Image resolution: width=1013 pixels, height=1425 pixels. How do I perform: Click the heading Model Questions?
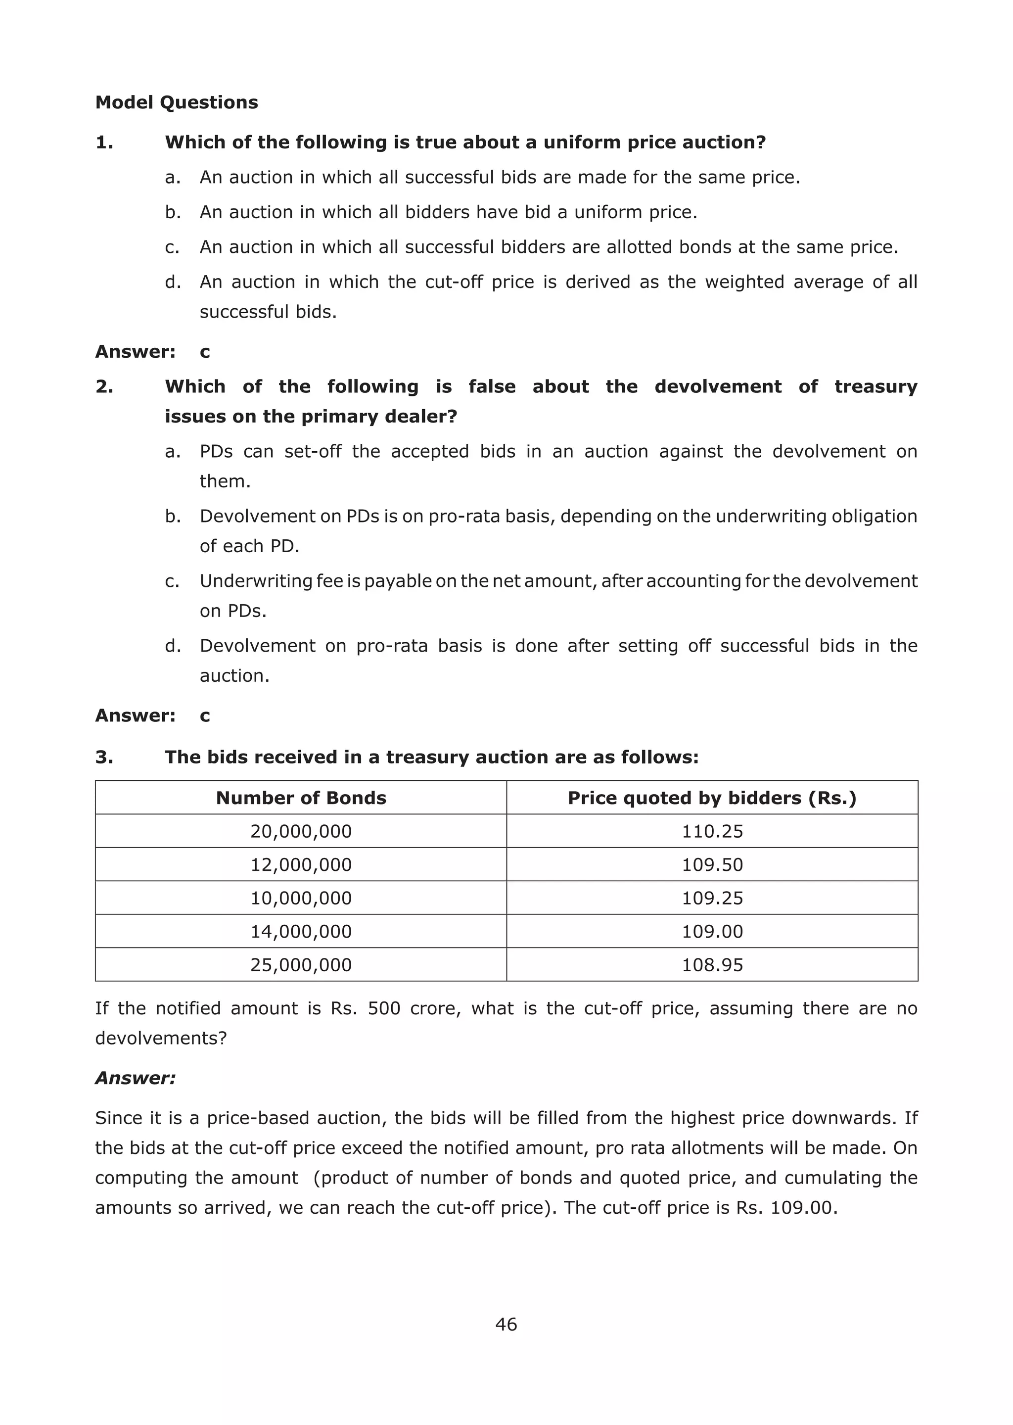pyautogui.click(x=177, y=102)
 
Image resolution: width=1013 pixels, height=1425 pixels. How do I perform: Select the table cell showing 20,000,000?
pyautogui.click(x=301, y=831)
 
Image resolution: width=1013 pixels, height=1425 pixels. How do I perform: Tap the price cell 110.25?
pyautogui.click(x=712, y=831)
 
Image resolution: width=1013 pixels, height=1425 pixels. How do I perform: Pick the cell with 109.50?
pyautogui.click(x=712, y=865)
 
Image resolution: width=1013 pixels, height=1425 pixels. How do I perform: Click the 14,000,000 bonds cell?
pyautogui.click(x=301, y=932)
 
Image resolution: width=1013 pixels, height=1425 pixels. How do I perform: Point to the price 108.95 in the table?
pyautogui.click(x=712, y=965)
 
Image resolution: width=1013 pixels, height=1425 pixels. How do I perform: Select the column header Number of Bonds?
pyautogui.click(x=301, y=798)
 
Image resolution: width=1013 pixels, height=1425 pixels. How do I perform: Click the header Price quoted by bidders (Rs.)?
pyautogui.click(x=712, y=798)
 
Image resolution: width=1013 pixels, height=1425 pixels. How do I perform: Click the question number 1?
pyautogui.click(x=104, y=143)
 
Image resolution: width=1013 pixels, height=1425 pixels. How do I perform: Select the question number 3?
pyautogui.click(x=104, y=758)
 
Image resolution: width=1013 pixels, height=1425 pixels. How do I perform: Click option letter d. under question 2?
pyautogui.click(x=173, y=646)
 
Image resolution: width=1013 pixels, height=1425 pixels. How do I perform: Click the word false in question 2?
pyautogui.click(x=492, y=387)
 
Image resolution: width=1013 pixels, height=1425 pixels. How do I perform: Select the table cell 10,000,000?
pyautogui.click(x=301, y=899)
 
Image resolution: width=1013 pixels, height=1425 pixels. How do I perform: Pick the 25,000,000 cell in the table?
pyautogui.click(x=301, y=965)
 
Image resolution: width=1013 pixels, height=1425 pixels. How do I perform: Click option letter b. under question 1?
pyautogui.click(x=173, y=213)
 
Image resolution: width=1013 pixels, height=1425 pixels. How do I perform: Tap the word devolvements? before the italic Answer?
pyautogui.click(x=161, y=1038)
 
